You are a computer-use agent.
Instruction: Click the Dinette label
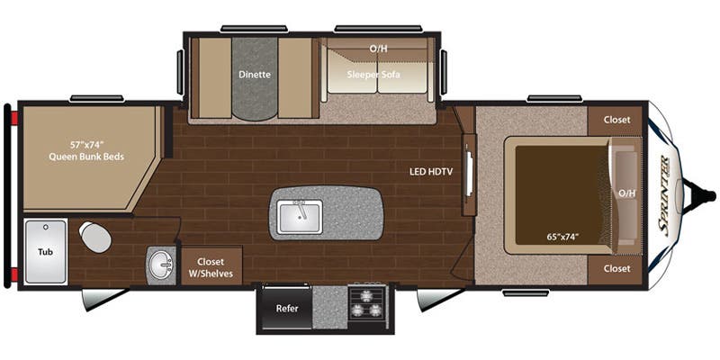click(x=254, y=76)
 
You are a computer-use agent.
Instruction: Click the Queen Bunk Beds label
click(x=87, y=157)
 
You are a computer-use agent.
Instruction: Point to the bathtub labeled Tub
click(x=45, y=252)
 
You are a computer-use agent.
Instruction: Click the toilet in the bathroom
click(x=94, y=238)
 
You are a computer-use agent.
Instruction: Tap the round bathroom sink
click(x=162, y=265)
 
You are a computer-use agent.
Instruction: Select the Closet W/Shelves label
click(x=212, y=265)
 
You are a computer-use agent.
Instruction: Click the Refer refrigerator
click(x=286, y=309)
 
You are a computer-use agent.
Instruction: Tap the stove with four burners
click(x=366, y=300)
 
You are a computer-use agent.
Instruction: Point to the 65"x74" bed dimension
click(x=561, y=237)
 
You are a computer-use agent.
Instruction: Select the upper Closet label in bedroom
click(x=617, y=119)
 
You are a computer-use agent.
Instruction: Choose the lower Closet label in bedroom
click(x=617, y=268)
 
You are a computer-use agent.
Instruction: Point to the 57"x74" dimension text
click(x=87, y=144)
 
